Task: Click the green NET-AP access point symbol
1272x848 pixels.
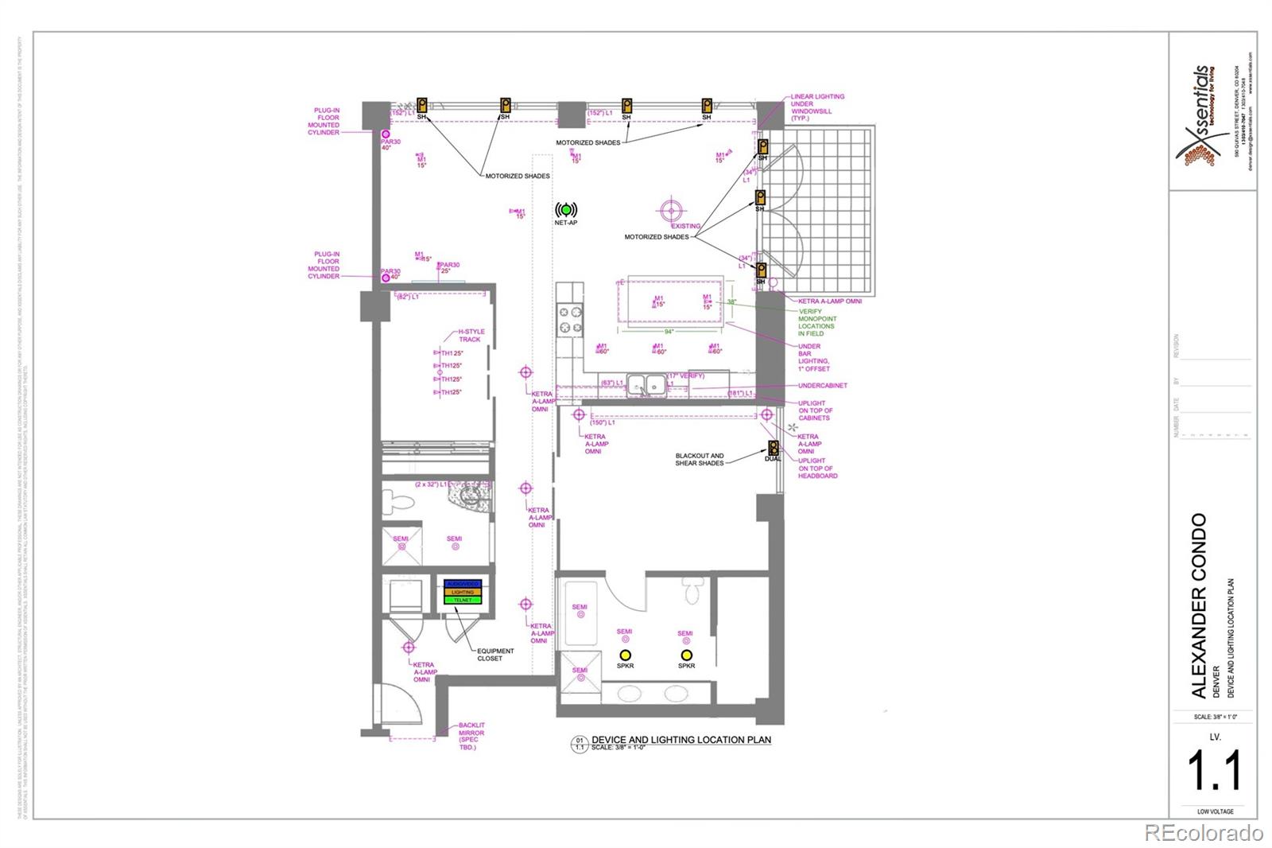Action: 566,210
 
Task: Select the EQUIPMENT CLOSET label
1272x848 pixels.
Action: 495,655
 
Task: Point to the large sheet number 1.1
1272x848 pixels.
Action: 1214,771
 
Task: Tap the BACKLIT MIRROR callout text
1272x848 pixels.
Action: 471,736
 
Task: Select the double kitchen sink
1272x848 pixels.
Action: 646,385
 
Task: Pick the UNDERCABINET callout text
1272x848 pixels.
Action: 823,386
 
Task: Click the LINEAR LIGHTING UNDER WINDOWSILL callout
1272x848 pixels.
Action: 816,107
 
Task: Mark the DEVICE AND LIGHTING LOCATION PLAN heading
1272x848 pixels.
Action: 681,740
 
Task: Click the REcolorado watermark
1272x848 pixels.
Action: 1203,833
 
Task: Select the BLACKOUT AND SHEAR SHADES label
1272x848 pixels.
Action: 700,460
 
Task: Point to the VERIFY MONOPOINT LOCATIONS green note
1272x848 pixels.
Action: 816,322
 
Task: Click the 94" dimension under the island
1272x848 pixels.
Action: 669,332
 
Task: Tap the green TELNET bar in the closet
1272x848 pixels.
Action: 463,600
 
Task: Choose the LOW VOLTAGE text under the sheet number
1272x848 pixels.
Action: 1215,811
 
